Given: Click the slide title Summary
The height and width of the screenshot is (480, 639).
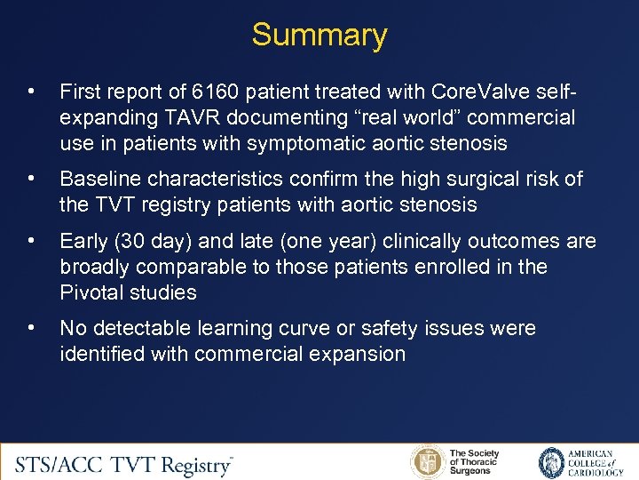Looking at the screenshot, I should click(x=319, y=36).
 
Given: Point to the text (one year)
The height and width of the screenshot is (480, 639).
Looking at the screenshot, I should click(x=304, y=241).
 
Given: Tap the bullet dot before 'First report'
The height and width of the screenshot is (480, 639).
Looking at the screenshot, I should click(x=32, y=92).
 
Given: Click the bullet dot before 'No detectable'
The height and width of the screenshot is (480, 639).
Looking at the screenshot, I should click(x=32, y=328).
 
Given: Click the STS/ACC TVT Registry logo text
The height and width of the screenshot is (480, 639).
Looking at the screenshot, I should click(x=124, y=463).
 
